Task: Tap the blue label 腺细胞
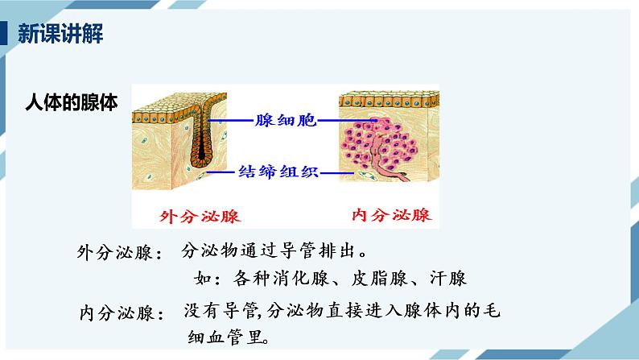(x=285, y=119)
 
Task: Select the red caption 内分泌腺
(x=392, y=215)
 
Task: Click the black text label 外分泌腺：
(x=120, y=253)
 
